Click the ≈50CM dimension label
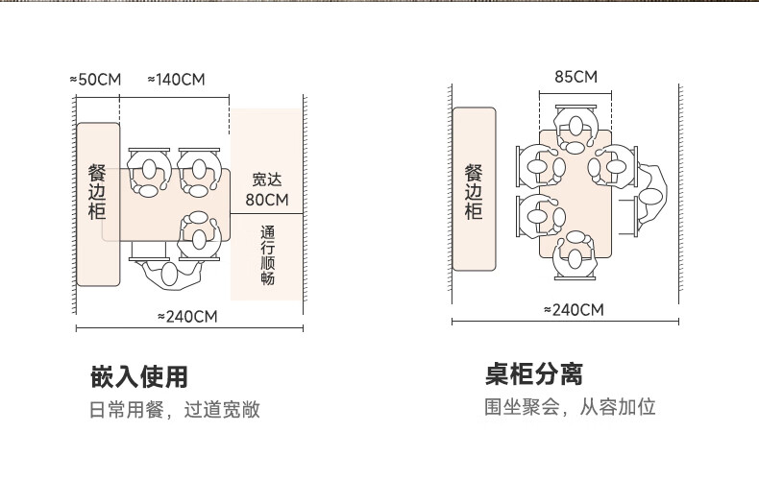click(95, 79)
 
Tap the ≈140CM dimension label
click(176, 79)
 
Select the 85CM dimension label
click(575, 77)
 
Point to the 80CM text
click(266, 200)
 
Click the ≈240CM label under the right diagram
click(574, 309)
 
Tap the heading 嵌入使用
click(138, 375)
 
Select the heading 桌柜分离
click(534, 373)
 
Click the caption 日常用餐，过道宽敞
click(175, 411)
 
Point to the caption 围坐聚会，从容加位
click(569, 407)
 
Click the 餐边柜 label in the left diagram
click(97, 192)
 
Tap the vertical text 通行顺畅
click(267, 255)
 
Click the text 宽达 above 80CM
click(266, 180)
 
